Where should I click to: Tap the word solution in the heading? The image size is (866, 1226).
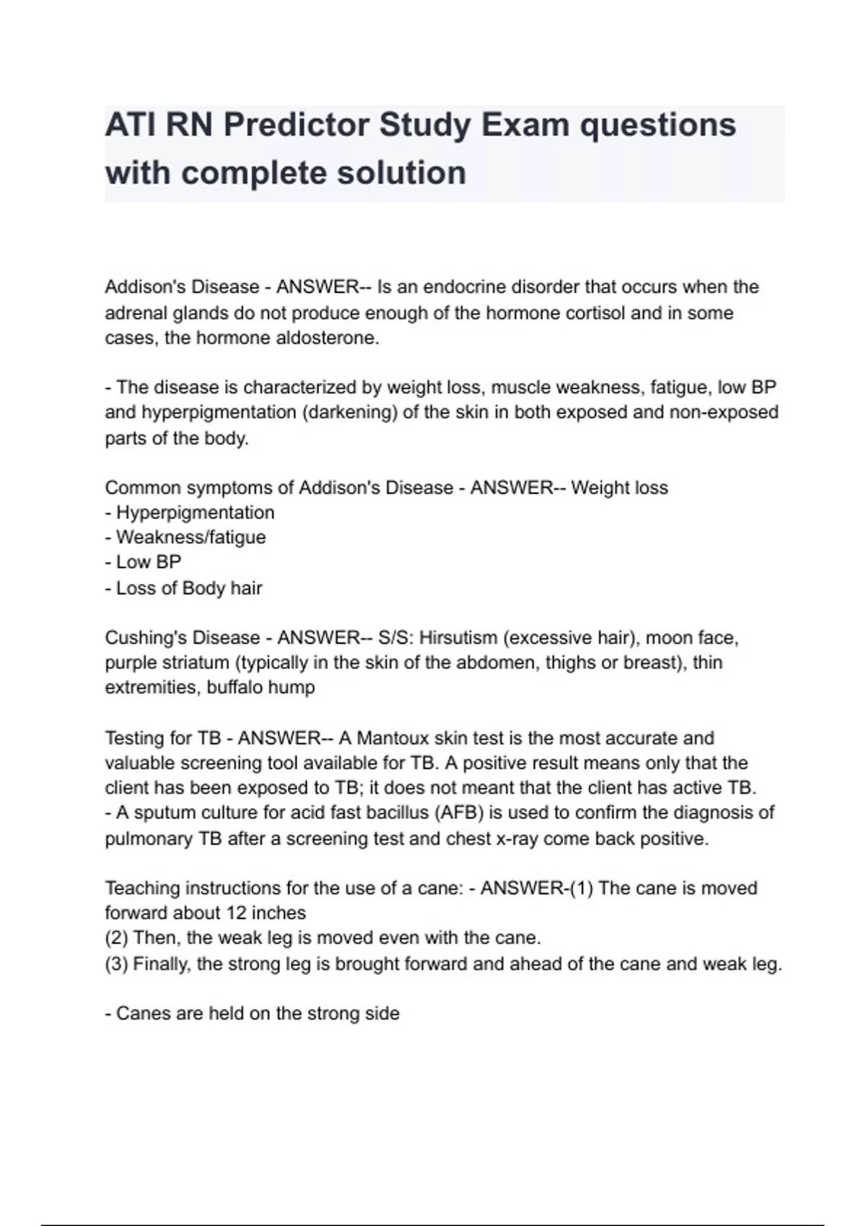pyautogui.click(x=406, y=174)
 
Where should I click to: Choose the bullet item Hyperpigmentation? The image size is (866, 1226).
pyautogui.click(x=195, y=513)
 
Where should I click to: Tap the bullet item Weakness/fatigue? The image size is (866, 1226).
pyautogui.click(x=191, y=537)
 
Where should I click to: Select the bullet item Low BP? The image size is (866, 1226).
pyautogui.click(x=149, y=562)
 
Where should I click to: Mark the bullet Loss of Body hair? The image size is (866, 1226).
pyautogui.click(x=189, y=588)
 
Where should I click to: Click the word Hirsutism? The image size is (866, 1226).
pyautogui.click(x=458, y=638)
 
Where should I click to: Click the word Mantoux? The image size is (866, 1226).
pyautogui.click(x=392, y=738)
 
